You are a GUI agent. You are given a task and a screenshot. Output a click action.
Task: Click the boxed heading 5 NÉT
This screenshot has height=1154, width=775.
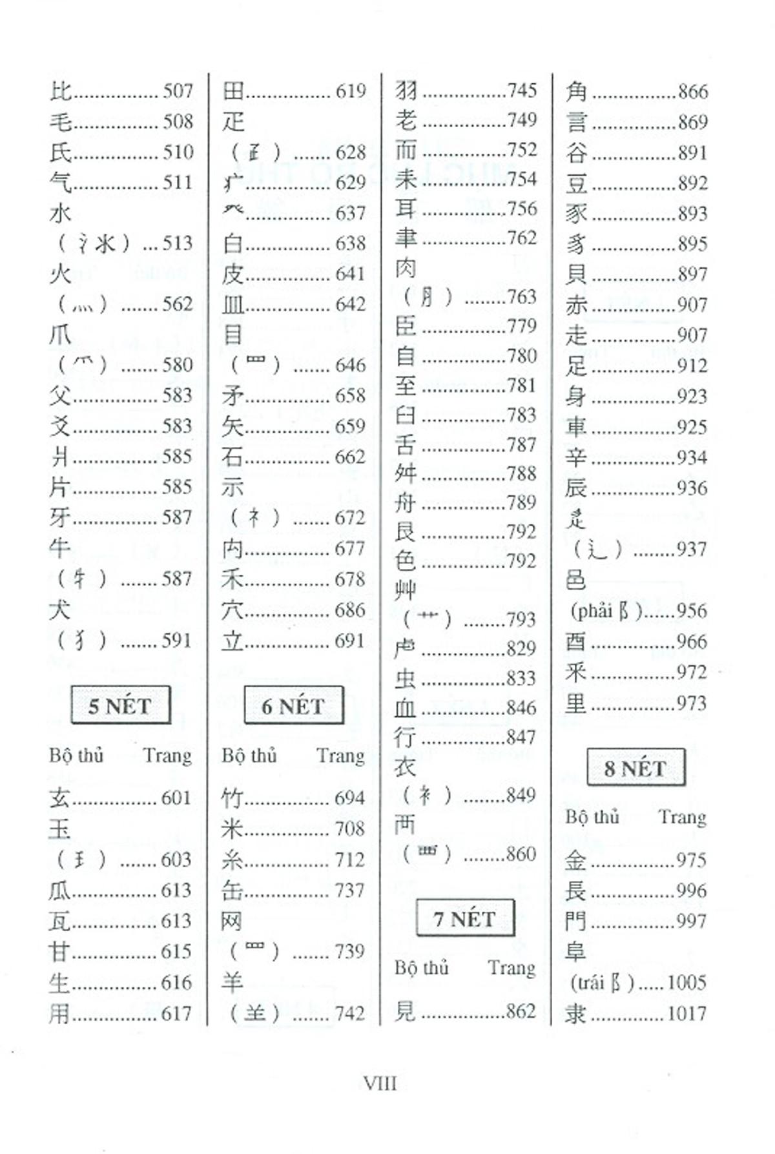(x=120, y=705)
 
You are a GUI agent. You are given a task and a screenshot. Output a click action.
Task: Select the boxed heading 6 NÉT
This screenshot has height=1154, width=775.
(x=293, y=705)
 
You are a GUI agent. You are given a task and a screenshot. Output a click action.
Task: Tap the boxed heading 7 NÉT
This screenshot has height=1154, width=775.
(x=465, y=918)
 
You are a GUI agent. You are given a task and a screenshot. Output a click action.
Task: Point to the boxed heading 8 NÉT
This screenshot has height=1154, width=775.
(x=635, y=768)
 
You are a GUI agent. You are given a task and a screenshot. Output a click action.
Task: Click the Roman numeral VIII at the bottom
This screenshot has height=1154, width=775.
(x=380, y=1083)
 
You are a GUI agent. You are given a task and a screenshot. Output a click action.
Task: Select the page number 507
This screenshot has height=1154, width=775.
(x=178, y=91)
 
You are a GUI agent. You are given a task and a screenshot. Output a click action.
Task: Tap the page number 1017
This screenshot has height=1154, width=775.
(x=687, y=1013)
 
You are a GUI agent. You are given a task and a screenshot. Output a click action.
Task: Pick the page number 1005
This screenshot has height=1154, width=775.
(x=687, y=982)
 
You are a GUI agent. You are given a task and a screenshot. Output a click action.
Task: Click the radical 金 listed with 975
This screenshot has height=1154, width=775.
(x=575, y=860)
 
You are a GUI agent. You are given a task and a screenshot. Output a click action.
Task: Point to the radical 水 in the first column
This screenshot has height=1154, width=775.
(x=60, y=213)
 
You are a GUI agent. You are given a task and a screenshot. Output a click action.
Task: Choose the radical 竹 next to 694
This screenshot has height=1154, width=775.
(x=232, y=798)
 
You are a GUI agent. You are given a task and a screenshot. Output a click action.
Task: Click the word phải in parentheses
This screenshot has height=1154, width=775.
(x=592, y=610)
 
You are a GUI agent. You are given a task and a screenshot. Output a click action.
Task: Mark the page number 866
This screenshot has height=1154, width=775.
(x=692, y=92)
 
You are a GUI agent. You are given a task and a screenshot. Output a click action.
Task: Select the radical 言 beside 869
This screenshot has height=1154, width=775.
(x=576, y=122)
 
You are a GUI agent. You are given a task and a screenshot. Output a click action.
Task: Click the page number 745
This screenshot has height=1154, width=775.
(x=522, y=90)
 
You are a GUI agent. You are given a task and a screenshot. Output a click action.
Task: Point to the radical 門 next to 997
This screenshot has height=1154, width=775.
(x=575, y=922)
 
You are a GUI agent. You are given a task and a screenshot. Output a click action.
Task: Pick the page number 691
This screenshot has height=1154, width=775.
(x=349, y=641)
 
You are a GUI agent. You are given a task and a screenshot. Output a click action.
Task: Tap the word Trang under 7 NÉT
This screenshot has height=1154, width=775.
(x=512, y=967)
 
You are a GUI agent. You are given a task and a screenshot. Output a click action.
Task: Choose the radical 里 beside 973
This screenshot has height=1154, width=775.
(x=575, y=703)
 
